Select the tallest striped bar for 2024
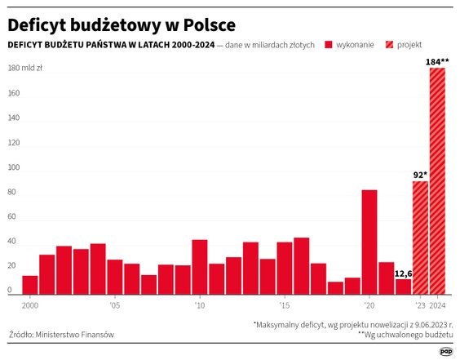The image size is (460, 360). point(437,181)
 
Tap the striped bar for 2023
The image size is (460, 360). point(420,238)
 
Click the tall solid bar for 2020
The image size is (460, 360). point(369,242)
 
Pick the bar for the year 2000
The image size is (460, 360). point(30,284)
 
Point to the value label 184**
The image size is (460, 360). point(437,61)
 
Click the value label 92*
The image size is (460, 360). point(420,175)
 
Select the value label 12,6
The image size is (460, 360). point(403,273)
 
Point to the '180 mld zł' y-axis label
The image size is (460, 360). point(25,69)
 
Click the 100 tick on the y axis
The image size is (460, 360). point(15,167)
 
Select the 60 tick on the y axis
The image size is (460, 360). point(13,216)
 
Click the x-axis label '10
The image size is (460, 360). point(198,304)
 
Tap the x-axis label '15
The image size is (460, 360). point(283,304)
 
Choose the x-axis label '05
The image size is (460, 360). point(114,304)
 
